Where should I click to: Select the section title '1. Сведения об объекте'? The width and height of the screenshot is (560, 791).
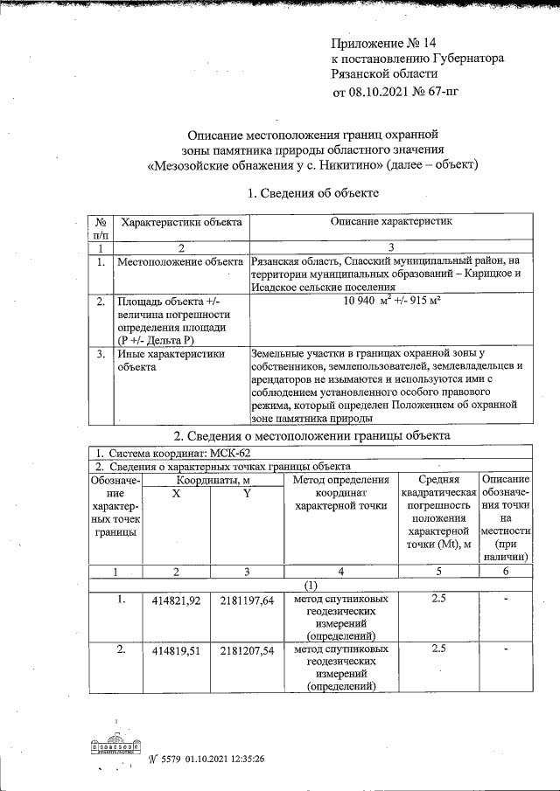pos(312,192)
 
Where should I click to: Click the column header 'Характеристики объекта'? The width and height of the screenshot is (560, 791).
pos(181,224)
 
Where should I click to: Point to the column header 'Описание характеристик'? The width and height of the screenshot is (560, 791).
pos(391,223)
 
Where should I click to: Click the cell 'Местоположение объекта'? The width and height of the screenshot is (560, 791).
pos(180,261)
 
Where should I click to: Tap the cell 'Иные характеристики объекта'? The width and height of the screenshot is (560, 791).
pos(171,361)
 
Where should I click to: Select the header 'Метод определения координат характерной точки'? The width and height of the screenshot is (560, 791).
pos(340,492)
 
